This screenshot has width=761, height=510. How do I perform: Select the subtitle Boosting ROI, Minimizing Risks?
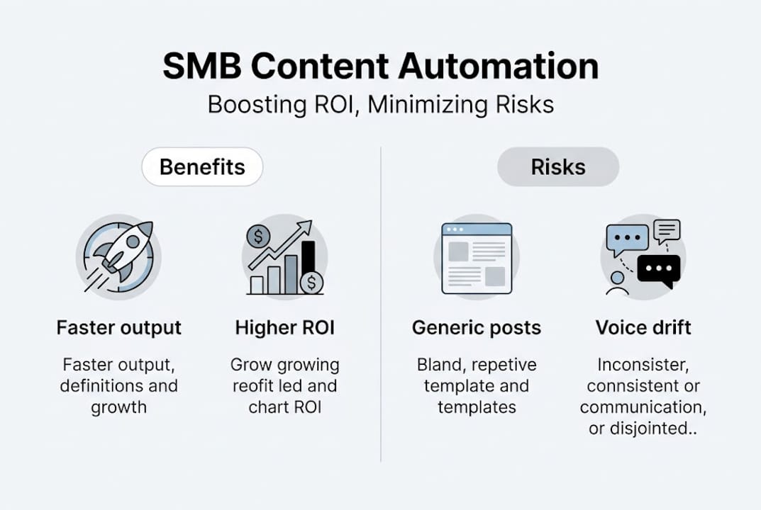pyautogui.click(x=380, y=105)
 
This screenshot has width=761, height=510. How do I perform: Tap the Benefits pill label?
pyautogui.click(x=202, y=167)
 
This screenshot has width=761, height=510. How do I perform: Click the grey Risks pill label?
pyautogui.click(x=558, y=167)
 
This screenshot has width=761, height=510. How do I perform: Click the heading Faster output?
pyautogui.click(x=119, y=328)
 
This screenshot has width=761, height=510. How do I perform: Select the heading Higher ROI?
pyautogui.click(x=285, y=328)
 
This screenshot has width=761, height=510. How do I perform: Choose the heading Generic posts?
pyautogui.click(x=477, y=328)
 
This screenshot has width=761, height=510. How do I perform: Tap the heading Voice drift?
pyautogui.click(x=643, y=328)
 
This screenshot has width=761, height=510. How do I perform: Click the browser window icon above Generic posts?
pyautogui.click(x=477, y=258)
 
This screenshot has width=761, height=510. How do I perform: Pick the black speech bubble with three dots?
pyautogui.click(x=659, y=270)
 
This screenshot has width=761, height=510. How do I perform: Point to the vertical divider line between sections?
pyautogui.click(x=381, y=305)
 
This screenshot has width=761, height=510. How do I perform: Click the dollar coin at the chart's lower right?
pyautogui.click(x=311, y=283)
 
